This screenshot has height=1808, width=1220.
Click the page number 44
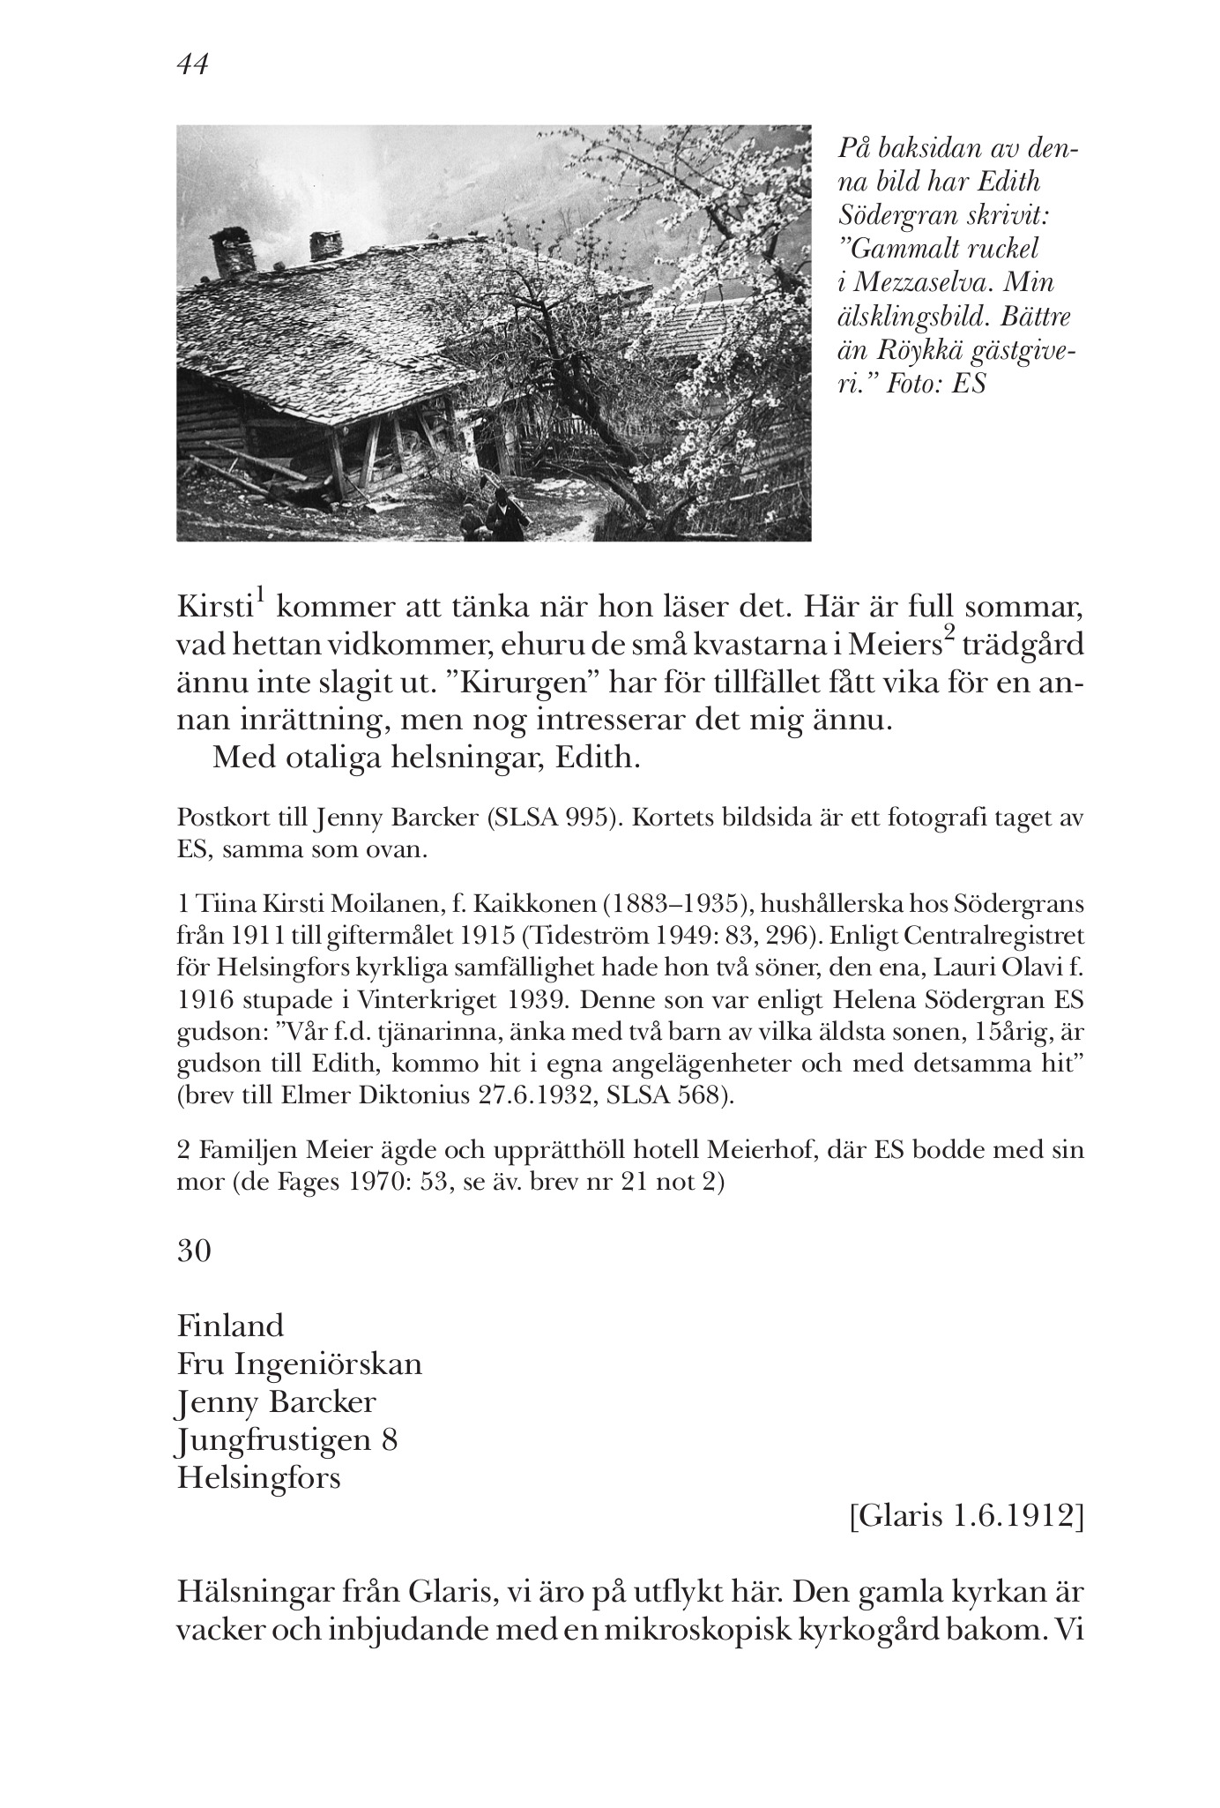tap(193, 64)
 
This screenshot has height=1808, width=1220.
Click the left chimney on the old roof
tap(232, 254)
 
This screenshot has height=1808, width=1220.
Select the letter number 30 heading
tap(194, 1251)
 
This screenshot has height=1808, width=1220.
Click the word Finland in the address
tap(231, 1326)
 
